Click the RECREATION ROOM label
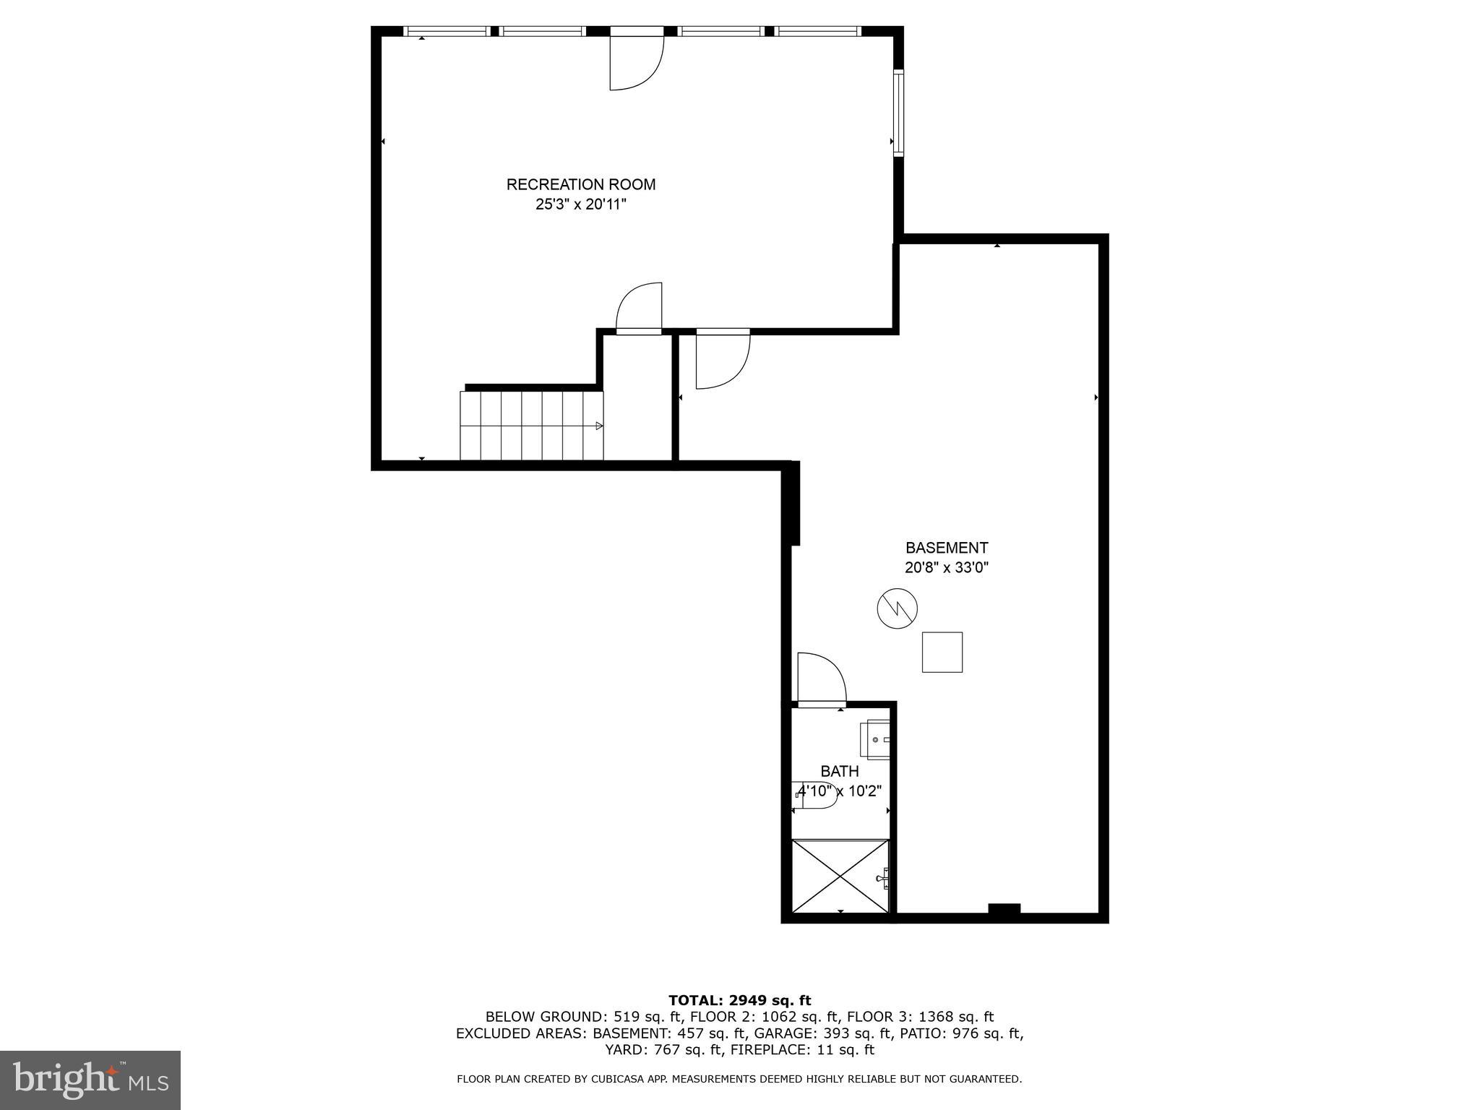(580, 184)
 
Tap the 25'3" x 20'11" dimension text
(580, 205)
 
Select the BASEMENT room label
(946, 548)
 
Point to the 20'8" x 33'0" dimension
(946, 568)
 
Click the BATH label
(839, 771)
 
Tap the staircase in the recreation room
(531, 426)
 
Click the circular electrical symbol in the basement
(897, 608)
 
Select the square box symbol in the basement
(942, 652)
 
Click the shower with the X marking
(840, 876)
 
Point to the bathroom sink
(876, 740)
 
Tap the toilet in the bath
(815, 795)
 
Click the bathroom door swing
(821, 678)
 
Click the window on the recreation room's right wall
(898, 112)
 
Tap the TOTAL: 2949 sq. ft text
(739, 1000)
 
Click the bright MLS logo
(90, 1080)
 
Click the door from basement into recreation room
(722, 359)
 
